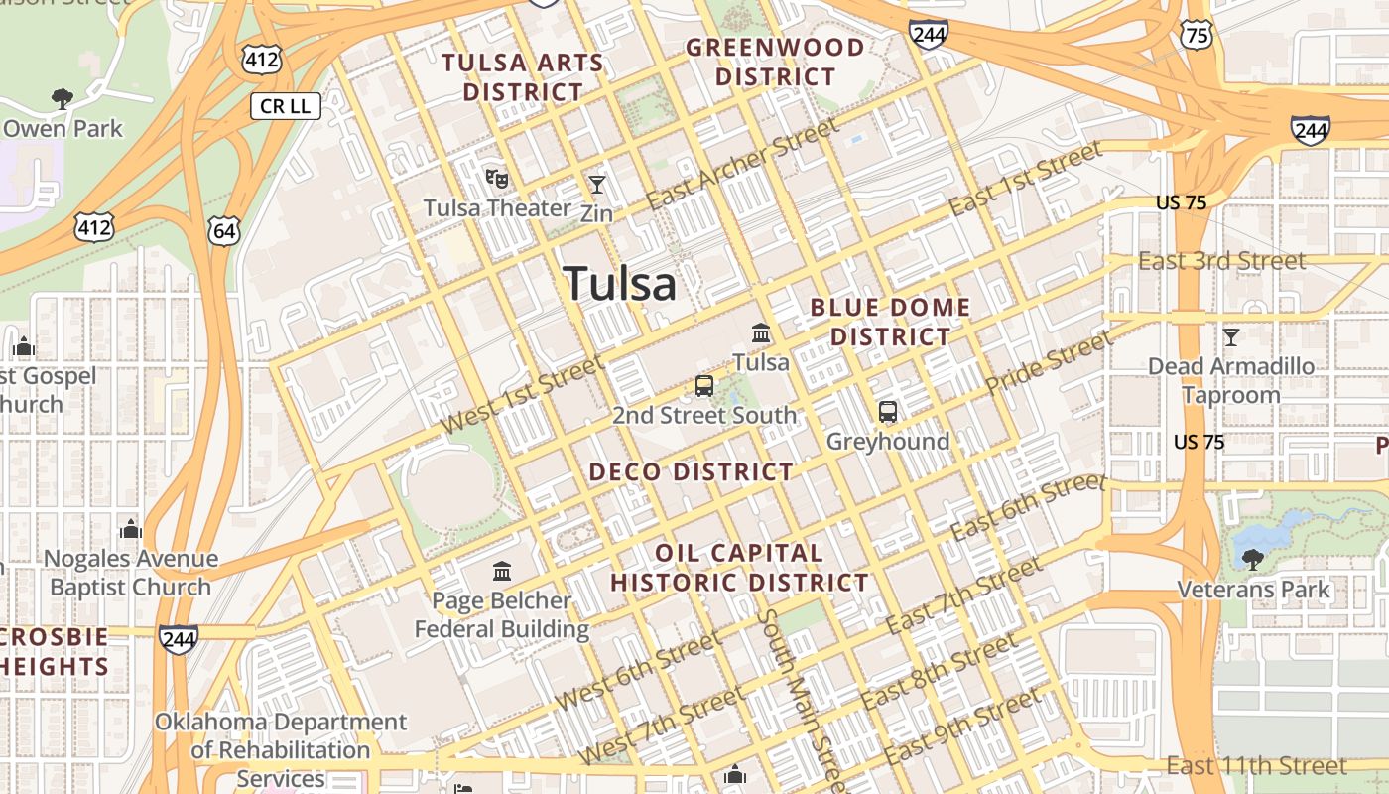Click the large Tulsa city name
click(x=620, y=284)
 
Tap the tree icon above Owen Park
click(x=63, y=98)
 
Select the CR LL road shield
click(x=285, y=106)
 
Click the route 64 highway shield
click(x=223, y=231)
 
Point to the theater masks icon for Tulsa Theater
click(x=497, y=179)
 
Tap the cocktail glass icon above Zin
click(x=596, y=185)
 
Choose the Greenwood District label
click(x=775, y=62)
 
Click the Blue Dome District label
click(x=890, y=322)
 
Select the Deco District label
click(x=692, y=471)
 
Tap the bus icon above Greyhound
click(x=888, y=411)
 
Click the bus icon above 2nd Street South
click(x=704, y=386)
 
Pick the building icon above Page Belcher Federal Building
click(x=502, y=572)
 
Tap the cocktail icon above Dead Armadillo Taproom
click(x=1230, y=337)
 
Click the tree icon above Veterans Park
click(x=1252, y=560)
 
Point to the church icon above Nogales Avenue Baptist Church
click(x=131, y=530)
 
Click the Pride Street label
click(x=1049, y=363)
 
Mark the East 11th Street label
click(x=1256, y=765)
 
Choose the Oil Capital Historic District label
click(x=739, y=568)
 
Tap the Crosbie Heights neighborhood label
click(x=54, y=651)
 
